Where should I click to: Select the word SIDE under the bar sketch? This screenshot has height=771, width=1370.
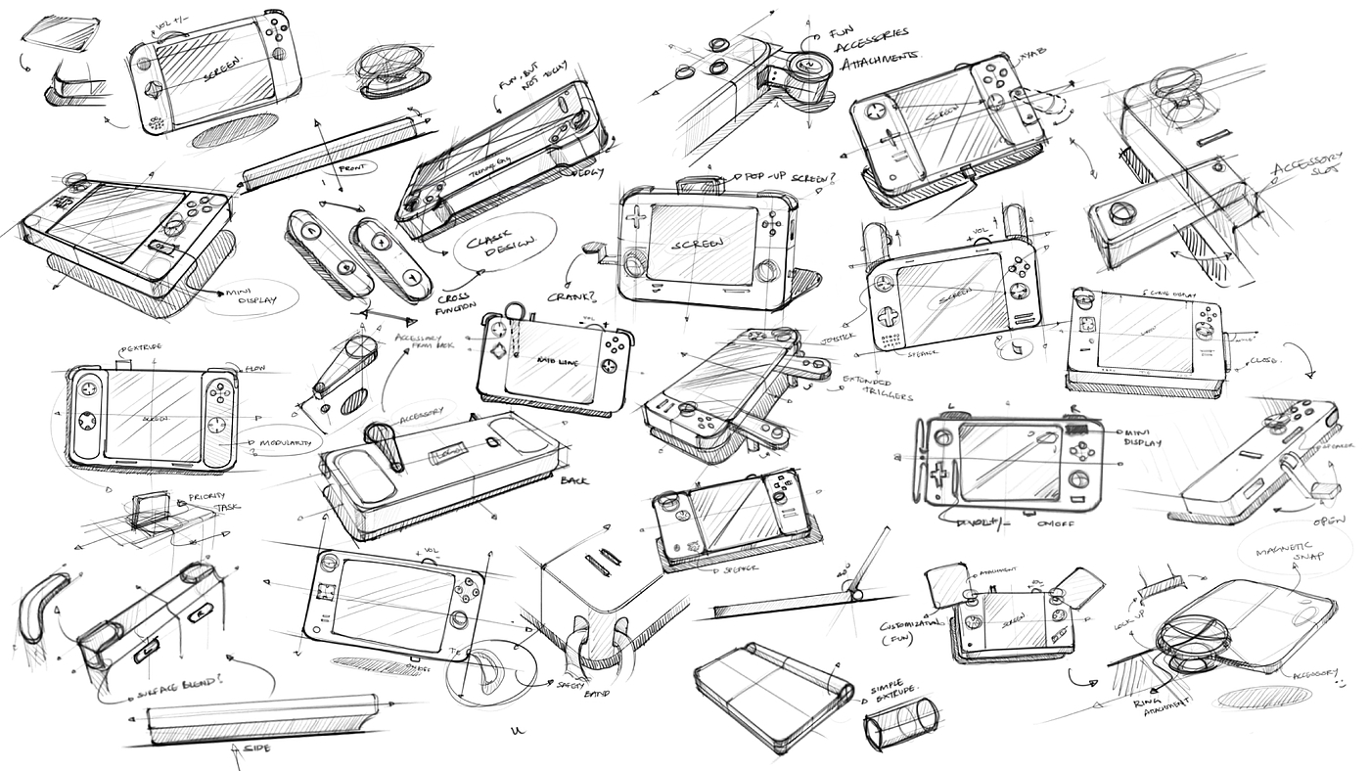point(255,748)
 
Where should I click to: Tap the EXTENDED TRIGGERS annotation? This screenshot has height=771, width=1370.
point(872,387)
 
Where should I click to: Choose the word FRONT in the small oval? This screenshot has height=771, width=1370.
point(351,167)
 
